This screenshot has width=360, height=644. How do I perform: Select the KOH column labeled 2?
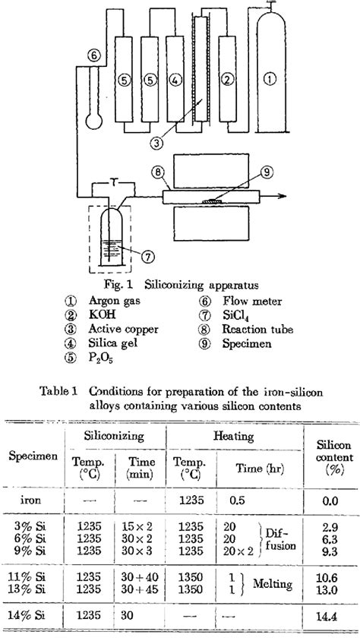coord(225,79)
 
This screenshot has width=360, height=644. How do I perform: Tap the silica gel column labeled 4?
coord(175,79)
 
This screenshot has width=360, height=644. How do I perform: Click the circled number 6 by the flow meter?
coord(92,55)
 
